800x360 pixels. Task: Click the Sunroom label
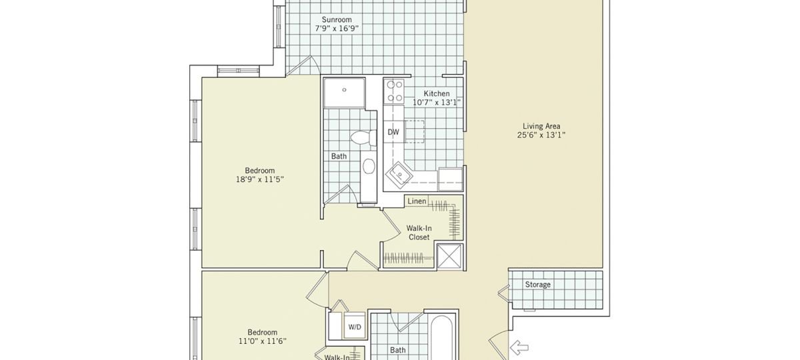337,19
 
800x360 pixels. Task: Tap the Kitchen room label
437,93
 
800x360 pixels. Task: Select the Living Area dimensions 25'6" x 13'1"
541,135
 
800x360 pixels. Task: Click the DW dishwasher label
393,132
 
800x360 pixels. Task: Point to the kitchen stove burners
394,91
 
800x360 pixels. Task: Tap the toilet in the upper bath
363,138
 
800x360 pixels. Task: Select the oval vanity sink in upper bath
369,166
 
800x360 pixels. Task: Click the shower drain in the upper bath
344,89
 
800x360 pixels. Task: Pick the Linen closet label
417,201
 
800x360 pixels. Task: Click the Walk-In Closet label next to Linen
419,233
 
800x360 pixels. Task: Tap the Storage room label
537,285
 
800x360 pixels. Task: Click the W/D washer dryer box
355,327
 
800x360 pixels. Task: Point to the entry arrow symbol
519,347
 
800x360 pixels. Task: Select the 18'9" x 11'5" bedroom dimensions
259,179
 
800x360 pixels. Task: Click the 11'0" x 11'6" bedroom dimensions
263,341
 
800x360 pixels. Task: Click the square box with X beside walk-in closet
450,256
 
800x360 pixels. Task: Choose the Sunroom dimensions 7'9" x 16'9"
337,29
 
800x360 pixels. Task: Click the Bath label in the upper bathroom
339,156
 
